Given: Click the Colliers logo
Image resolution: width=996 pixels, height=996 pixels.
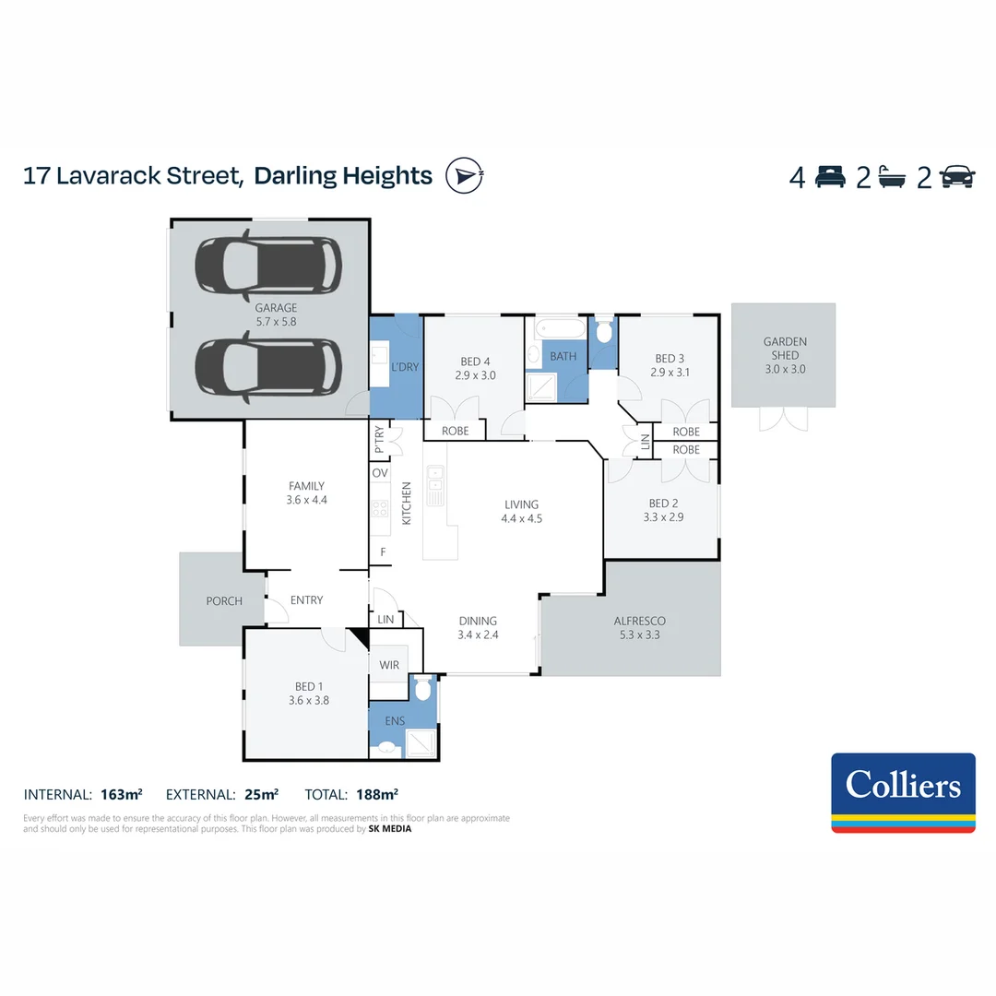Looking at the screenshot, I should [903, 792].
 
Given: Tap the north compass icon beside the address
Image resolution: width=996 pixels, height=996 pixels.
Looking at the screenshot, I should [464, 175].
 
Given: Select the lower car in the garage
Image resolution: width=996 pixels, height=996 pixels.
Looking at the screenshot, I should [268, 366].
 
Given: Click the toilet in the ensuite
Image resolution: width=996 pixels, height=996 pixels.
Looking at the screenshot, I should [422, 689].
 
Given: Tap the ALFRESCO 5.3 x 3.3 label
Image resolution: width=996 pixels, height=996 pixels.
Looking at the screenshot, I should [639, 628].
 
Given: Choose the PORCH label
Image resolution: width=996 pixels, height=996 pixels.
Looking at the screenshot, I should [224, 600].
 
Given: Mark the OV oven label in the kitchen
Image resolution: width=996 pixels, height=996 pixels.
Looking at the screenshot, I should [380, 473].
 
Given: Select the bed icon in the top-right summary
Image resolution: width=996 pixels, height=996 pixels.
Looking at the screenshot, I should [830, 176].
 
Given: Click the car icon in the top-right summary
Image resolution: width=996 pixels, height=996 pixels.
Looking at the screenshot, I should [957, 176].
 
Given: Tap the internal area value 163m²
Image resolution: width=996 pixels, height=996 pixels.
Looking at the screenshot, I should [121, 794].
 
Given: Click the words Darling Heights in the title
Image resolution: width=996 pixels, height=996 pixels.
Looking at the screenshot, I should [343, 175].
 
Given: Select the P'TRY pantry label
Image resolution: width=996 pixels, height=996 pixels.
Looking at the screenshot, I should [380, 439].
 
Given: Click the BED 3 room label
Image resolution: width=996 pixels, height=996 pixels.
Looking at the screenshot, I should [670, 365].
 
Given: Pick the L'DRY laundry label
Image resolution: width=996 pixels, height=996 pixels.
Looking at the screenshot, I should [405, 366].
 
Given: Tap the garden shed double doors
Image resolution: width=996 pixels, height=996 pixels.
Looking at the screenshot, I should [783, 419].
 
